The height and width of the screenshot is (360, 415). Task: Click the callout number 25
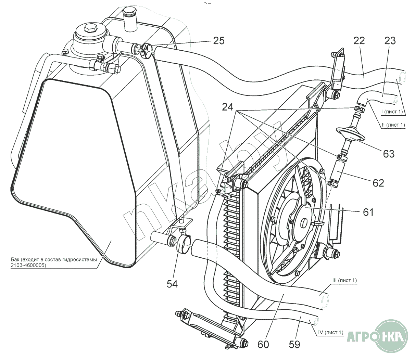[x=218, y=41]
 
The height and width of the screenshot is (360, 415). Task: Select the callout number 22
[x=359, y=41]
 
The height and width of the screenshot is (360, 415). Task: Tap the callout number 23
[x=390, y=41]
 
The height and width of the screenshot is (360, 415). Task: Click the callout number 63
[x=389, y=154]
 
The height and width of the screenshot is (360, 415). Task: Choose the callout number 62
[x=378, y=183]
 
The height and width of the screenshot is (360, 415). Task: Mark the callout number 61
[x=368, y=212]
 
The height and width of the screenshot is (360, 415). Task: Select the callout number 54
[x=172, y=284]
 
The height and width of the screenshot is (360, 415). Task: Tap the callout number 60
[x=263, y=344]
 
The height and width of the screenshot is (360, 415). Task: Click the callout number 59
[x=294, y=344]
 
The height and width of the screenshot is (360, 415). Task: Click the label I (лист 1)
[x=392, y=112]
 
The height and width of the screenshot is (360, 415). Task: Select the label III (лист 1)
[x=344, y=280]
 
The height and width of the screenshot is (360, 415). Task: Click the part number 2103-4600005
[x=28, y=265]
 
